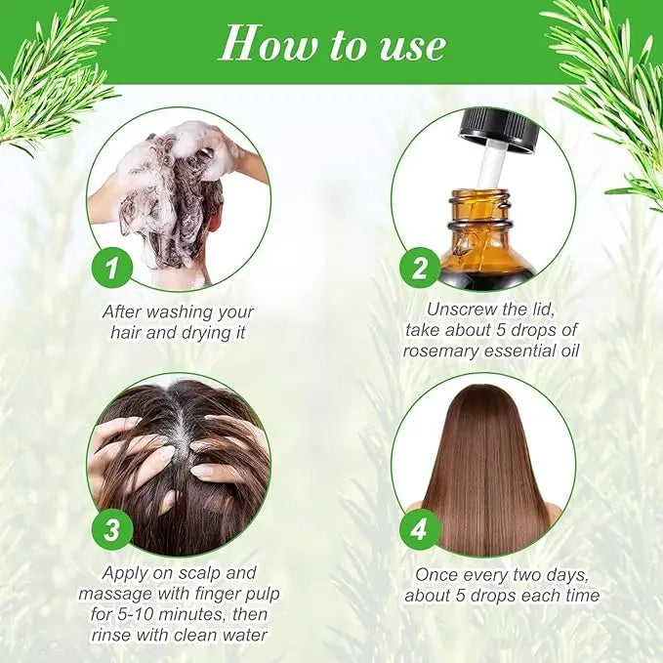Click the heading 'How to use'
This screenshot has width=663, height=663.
tap(332, 44)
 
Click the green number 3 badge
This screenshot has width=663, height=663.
tap(114, 530)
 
